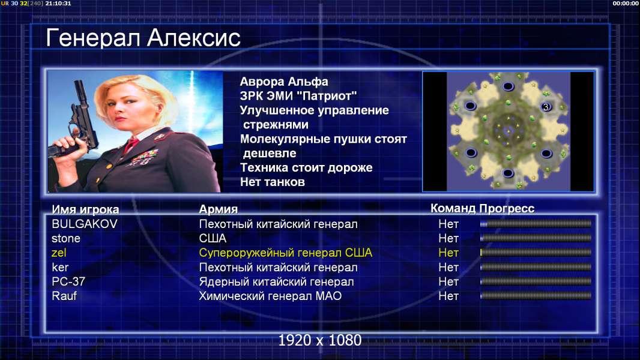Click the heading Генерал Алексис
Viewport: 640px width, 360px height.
143,38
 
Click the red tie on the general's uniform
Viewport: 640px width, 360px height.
131,145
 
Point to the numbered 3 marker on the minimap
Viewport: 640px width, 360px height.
546,107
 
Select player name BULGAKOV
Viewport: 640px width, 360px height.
85,224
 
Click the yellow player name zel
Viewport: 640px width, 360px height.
59,253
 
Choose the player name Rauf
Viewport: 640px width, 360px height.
64,296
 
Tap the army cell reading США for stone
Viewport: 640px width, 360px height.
213,239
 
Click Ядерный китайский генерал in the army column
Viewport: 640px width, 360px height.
276,282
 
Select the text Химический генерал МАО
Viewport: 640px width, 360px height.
270,296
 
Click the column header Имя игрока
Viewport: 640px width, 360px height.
85,209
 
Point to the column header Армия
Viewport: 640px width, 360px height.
219,209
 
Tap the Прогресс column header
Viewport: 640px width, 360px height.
507,209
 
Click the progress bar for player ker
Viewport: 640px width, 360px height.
536,268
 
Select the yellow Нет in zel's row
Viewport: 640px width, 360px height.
448,253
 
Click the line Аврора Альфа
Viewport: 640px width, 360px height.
283,82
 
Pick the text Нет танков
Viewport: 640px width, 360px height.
272,182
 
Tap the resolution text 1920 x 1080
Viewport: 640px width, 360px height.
320,340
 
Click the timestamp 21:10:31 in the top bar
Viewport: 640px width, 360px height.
58,3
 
